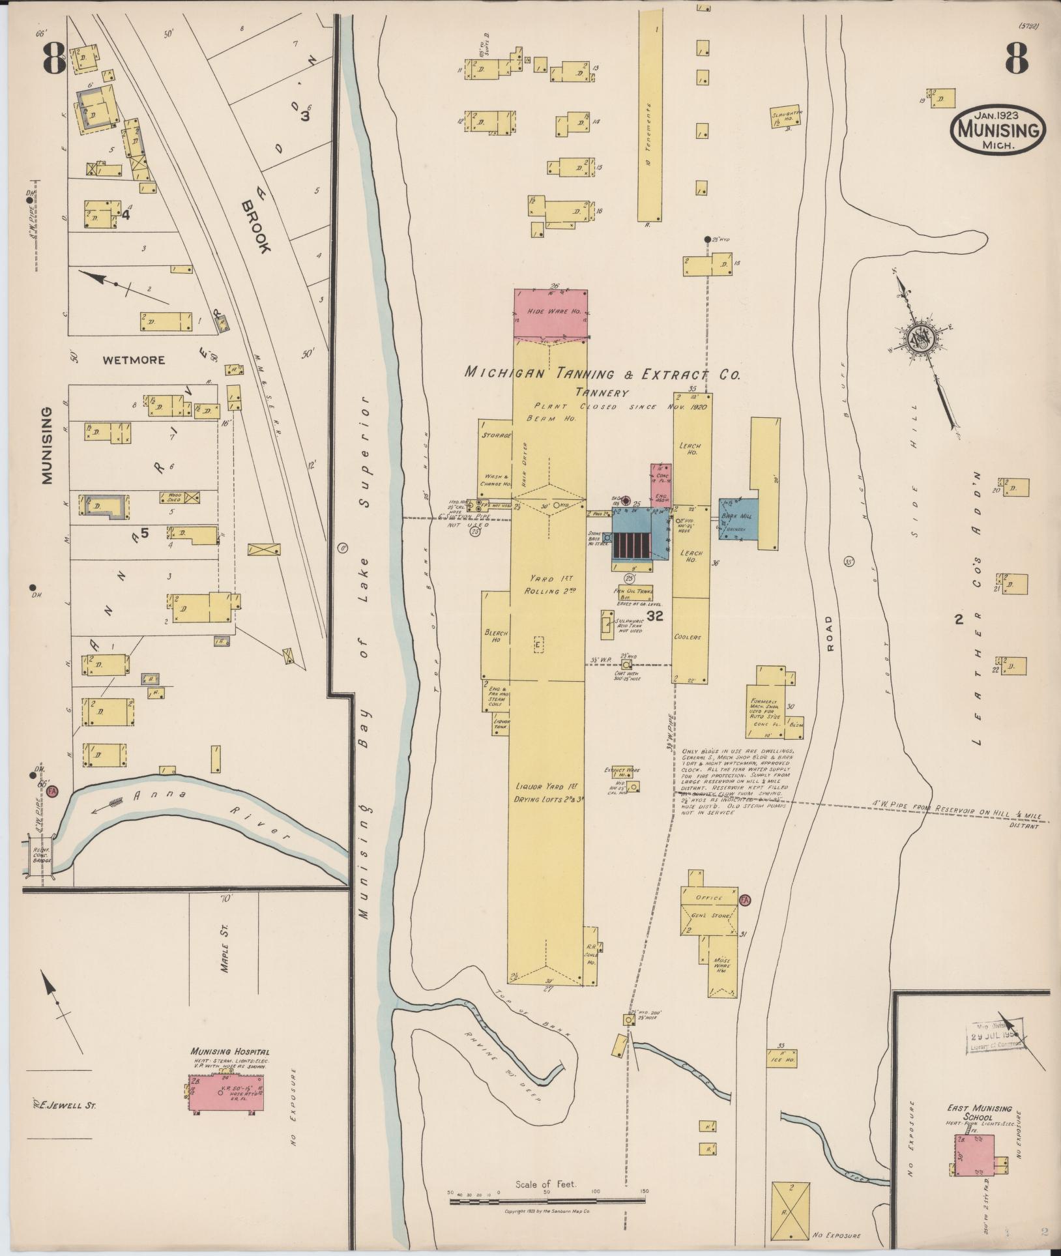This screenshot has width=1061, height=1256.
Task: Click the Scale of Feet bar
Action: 547,1200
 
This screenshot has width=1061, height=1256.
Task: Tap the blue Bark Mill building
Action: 739,519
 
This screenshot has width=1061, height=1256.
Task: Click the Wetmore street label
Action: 134,359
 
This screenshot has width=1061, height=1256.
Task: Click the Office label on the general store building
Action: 709,898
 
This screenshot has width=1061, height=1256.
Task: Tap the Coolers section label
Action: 688,637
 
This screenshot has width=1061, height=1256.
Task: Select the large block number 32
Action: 654,615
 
